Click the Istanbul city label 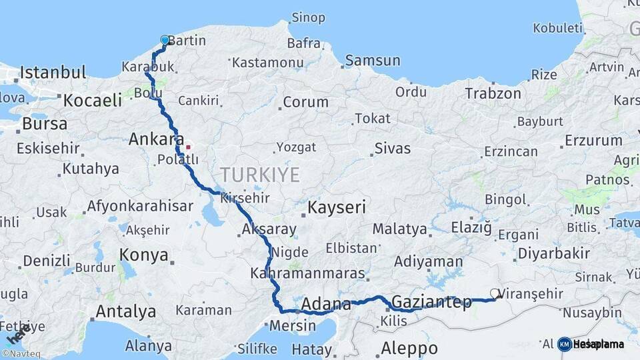click(x=53, y=72)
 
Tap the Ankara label click(x=155, y=140)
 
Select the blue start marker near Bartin click(x=165, y=40)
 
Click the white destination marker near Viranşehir click(x=495, y=293)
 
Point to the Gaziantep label click(x=431, y=301)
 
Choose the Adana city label click(x=326, y=305)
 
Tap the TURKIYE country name click(x=260, y=175)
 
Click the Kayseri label click(x=337, y=208)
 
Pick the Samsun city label click(x=373, y=61)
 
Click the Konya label click(x=143, y=255)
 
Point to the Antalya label click(x=126, y=311)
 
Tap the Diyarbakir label click(x=554, y=253)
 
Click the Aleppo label click(x=409, y=348)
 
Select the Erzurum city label click(x=593, y=141)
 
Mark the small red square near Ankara click(x=189, y=147)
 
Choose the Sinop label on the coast click(x=309, y=17)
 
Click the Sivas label click(x=392, y=148)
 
